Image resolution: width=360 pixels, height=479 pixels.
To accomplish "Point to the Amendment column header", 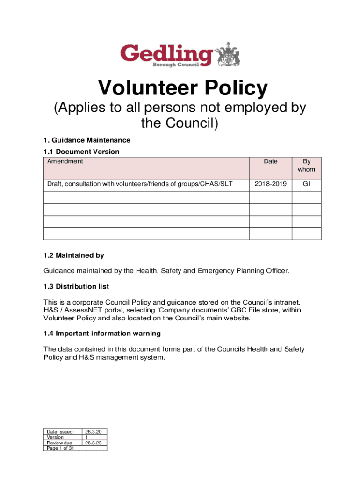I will [x=65, y=161].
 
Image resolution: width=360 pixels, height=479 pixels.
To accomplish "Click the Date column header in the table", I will [x=270, y=161].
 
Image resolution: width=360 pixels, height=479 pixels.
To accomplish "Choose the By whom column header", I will [x=306, y=165].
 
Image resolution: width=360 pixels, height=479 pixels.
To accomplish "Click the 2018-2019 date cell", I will [x=270, y=184].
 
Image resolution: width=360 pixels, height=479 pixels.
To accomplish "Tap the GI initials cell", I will [x=306, y=184].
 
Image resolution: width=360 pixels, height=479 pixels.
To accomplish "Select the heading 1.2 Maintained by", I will [x=73, y=255].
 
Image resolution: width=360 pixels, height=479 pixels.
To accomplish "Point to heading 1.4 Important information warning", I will [x=102, y=334].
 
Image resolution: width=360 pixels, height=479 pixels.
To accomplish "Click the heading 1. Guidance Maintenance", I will [x=87, y=140].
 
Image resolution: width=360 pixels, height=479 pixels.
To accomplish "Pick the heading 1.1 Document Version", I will [x=81, y=152].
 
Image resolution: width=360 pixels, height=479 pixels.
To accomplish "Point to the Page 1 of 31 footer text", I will [x=60, y=448].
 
